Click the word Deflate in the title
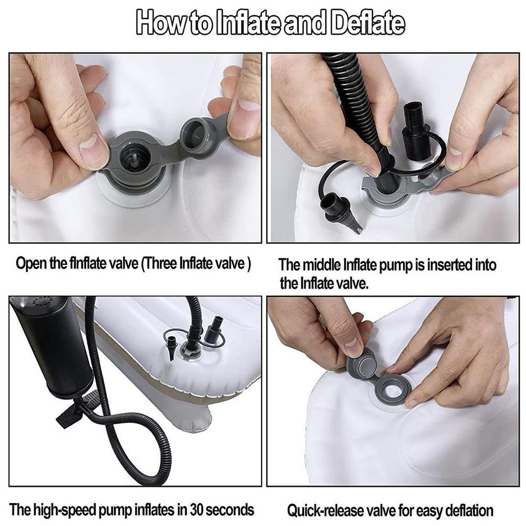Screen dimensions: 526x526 [368, 23]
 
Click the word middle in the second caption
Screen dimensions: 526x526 [322, 265]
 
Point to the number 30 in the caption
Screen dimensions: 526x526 [197, 510]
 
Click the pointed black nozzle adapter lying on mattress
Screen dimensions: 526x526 [339, 210]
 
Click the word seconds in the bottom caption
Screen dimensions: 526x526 [230, 510]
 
